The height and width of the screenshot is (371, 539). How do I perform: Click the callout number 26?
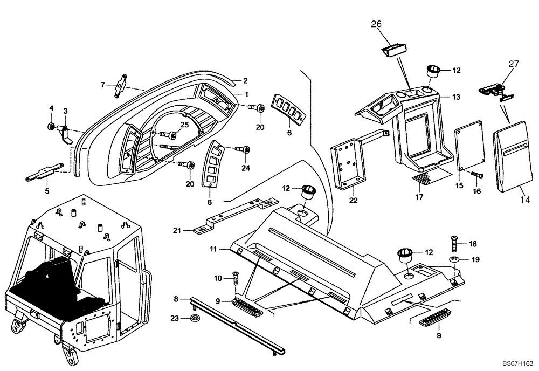click(x=376, y=24)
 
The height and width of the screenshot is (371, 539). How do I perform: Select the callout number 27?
click(x=513, y=64)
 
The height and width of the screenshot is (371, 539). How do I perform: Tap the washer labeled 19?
click(x=455, y=260)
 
